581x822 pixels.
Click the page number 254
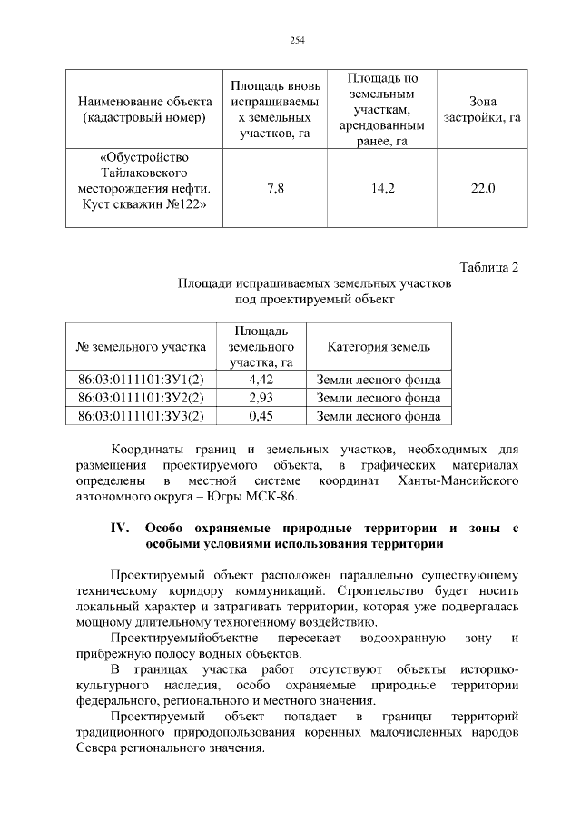coord(296,40)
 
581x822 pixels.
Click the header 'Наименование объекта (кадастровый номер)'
coord(145,110)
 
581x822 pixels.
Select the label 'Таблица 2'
coord(489,267)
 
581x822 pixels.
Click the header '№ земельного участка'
coord(141,346)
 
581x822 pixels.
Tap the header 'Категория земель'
coord(379,346)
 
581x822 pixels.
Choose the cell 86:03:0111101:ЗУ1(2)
coord(141,379)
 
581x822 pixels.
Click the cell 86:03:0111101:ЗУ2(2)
coord(141,398)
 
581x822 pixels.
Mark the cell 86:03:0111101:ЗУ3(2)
coord(141,416)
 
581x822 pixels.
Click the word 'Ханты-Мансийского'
coord(462,480)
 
